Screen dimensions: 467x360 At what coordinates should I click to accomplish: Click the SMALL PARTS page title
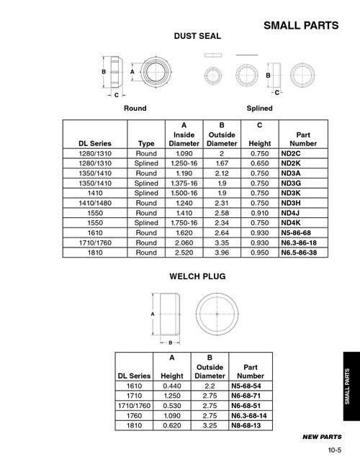[x=301, y=26]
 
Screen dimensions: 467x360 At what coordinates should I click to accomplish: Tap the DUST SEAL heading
[x=197, y=36]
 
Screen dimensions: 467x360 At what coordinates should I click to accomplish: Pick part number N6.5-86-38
[x=303, y=253]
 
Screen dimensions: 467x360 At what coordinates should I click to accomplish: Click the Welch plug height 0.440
[x=172, y=386]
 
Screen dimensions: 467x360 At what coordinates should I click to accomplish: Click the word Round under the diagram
[x=135, y=108]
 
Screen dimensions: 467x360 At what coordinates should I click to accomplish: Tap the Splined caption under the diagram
[x=259, y=108]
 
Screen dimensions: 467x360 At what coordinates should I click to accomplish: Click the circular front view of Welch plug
[x=217, y=314]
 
